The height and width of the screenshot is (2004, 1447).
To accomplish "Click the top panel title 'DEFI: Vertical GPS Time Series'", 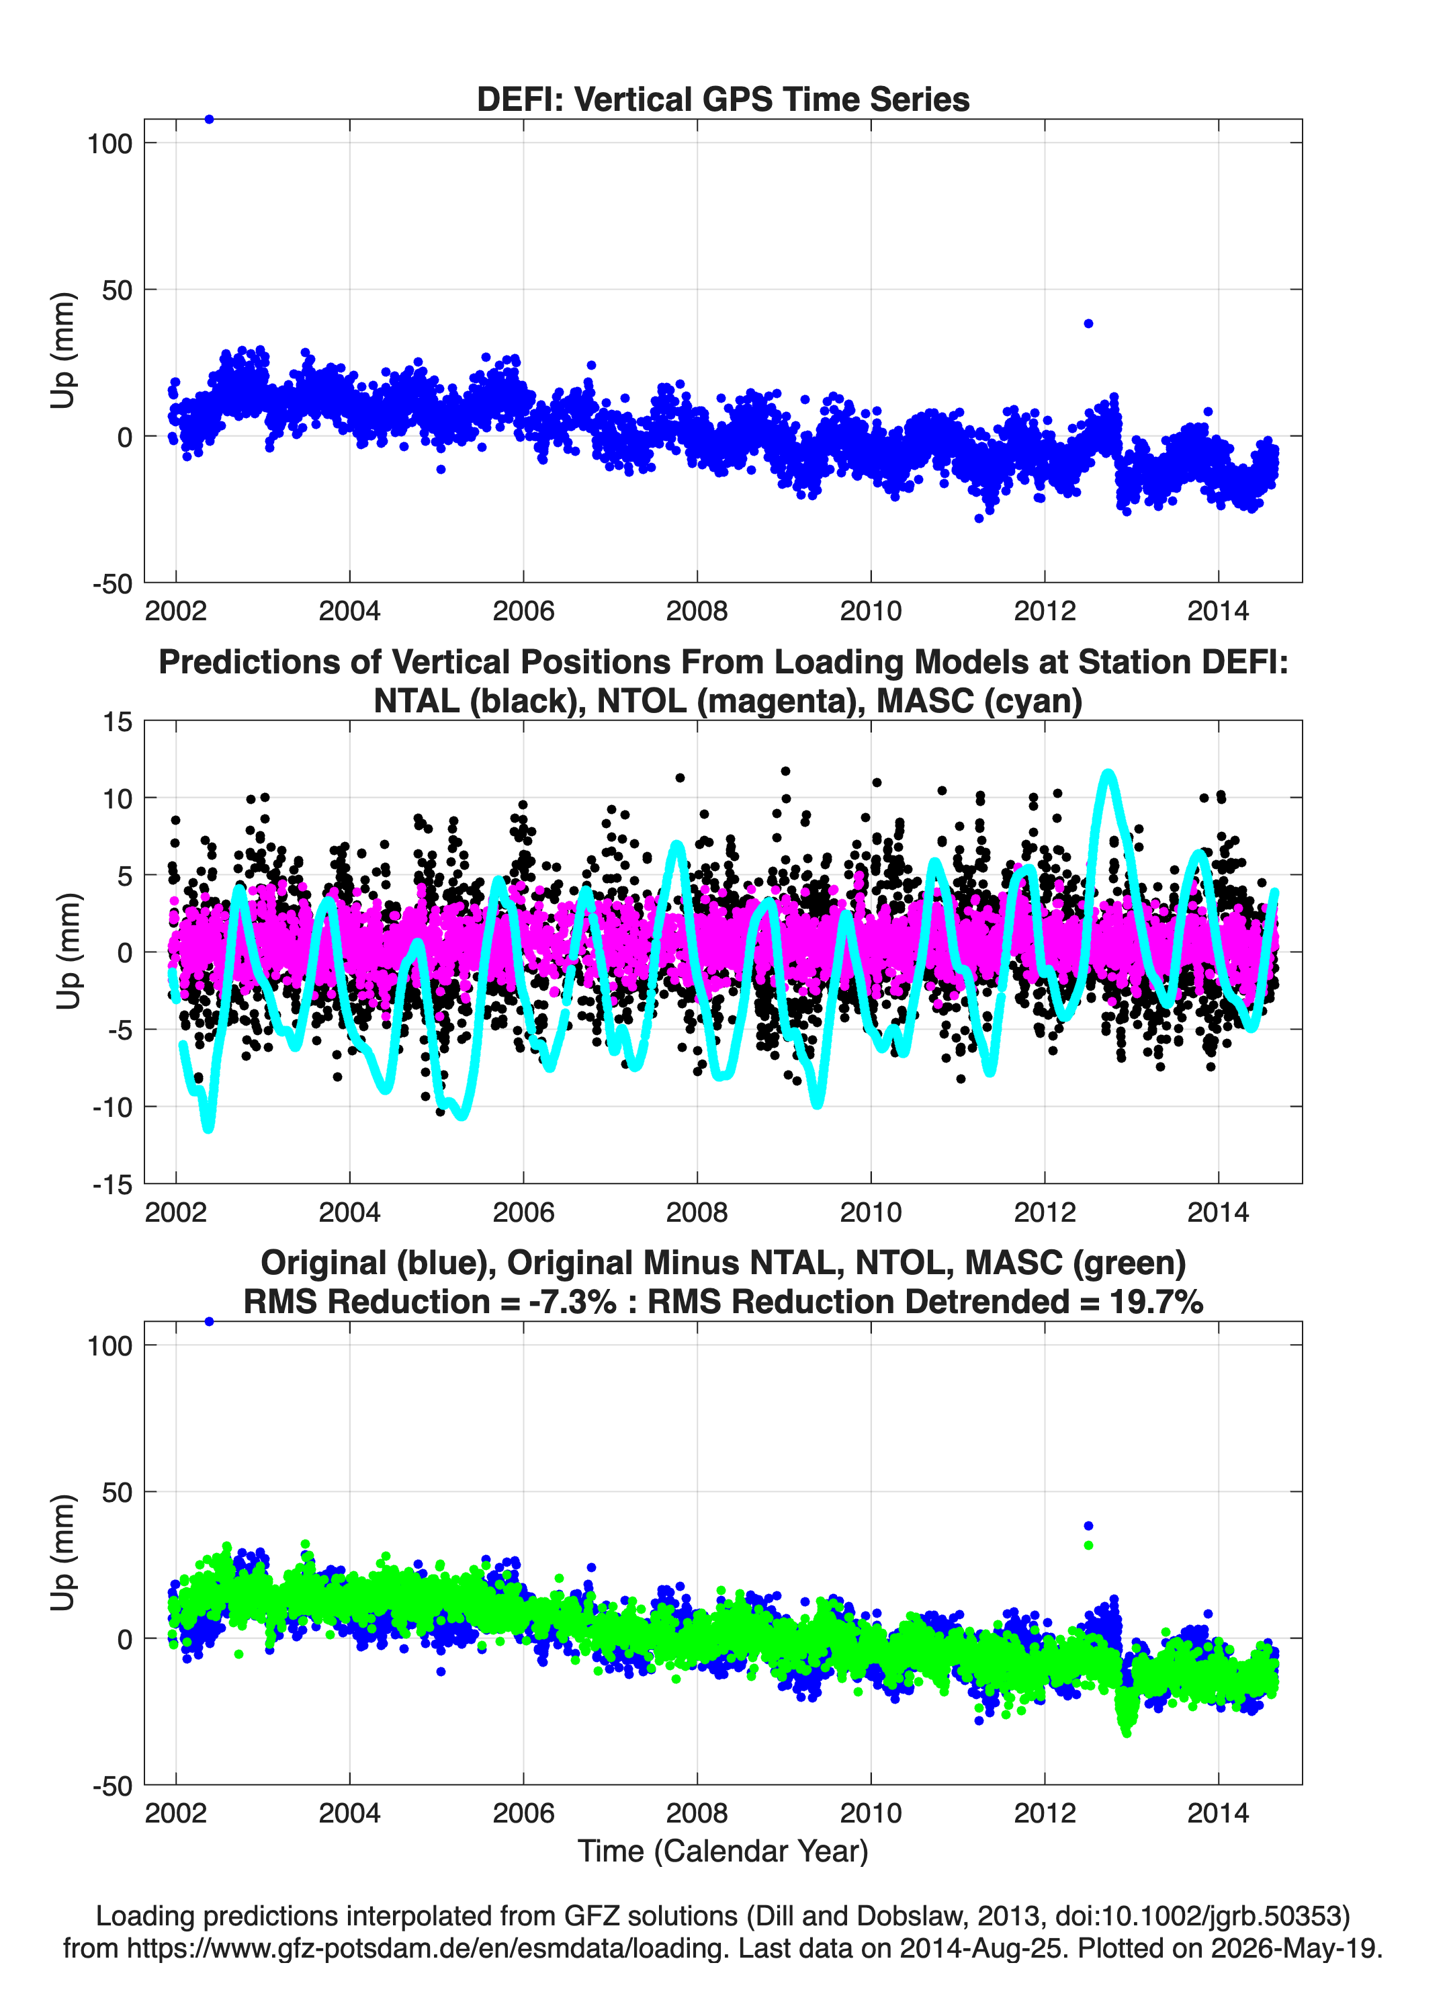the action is click(x=723, y=99).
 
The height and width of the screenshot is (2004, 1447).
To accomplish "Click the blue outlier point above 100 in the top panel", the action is click(x=208, y=120).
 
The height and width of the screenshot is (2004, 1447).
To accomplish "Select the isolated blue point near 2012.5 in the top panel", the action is click(x=1088, y=323).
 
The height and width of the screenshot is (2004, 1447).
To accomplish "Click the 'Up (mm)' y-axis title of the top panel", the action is click(x=62, y=350).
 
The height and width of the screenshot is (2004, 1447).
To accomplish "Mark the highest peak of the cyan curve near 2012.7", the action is click(x=1108, y=775).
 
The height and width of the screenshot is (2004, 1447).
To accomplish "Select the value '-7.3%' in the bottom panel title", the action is click(x=571, y=1302).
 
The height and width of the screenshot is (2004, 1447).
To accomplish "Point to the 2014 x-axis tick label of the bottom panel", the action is click(x=1218, y=1813).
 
